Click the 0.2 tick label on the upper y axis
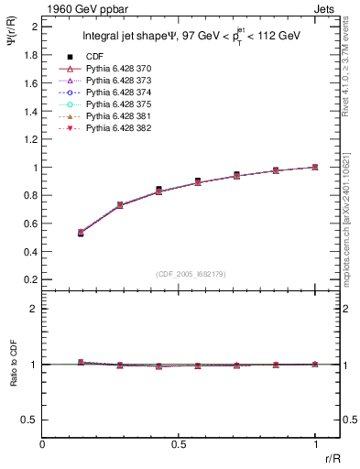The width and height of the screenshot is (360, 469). click(31, 279)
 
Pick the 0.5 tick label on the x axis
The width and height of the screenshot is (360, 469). click(179, 444)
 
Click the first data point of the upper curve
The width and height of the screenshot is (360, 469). click(81, 233)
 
